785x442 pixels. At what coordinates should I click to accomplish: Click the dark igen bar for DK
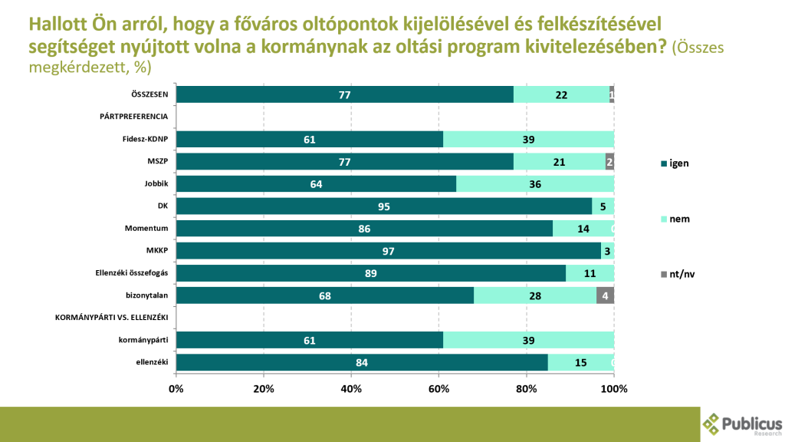(383, 206)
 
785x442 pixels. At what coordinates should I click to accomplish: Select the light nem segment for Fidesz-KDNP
(528, 139)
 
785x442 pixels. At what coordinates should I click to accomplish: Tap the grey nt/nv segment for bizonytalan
(605, 296)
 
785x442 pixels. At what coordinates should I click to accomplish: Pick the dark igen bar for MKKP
(388, 251)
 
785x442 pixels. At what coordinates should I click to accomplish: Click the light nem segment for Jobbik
(535, 184)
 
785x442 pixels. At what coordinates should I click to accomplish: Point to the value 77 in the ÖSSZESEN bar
(344, 94)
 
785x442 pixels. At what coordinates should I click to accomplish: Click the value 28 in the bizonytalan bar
(535, 296)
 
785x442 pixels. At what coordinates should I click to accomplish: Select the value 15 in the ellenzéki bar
(580, 363)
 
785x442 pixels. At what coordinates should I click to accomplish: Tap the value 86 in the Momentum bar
(364, 229)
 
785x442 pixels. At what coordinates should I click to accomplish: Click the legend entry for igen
(675, 163)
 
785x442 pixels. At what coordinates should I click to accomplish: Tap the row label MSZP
(158, 161)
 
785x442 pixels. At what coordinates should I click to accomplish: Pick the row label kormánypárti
(143, 341)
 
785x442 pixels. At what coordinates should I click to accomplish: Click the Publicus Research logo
(741, 424)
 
